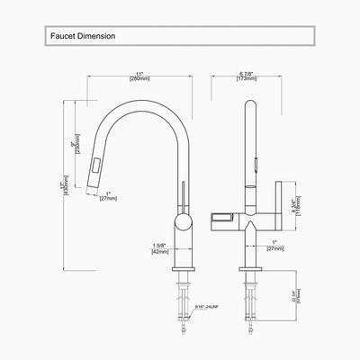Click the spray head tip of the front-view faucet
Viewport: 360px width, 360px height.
(93, 184)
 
